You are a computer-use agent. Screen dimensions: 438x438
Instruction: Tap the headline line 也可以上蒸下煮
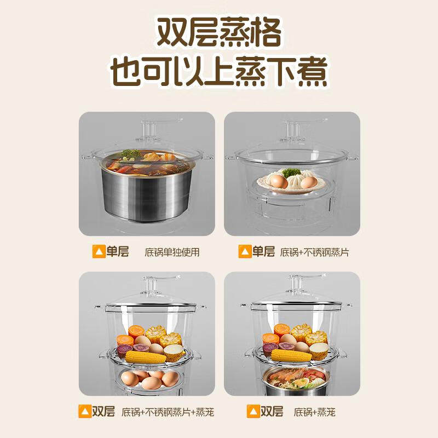pyautogui.click(x=219, y=72)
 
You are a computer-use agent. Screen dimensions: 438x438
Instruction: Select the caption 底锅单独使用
pyautogui.click(x=172, y=252)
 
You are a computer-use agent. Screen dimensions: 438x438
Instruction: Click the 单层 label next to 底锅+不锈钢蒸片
pyautogui.click(x=263, y=252)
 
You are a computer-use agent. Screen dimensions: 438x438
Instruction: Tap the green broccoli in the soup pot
pyautogui.click(x=130, y=153)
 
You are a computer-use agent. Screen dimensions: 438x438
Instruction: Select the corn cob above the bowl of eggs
pyautogui.click(x=146, y=357)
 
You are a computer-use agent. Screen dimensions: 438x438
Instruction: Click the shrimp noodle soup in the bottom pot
pyautogui.click(x=291, y=378)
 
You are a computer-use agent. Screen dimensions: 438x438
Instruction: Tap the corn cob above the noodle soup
pyautogui.click(x=291, y=355)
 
